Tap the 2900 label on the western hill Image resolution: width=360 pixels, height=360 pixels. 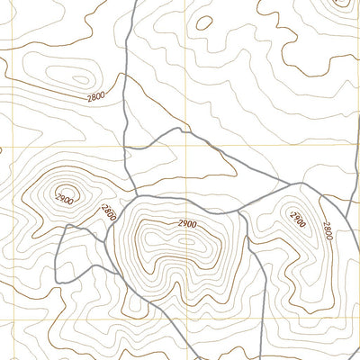(65, 198)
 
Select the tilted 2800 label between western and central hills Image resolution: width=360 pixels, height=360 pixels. (109, 213)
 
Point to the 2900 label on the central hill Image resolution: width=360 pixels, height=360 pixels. (186, 223)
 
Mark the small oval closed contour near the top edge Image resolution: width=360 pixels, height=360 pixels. (204, 22)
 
